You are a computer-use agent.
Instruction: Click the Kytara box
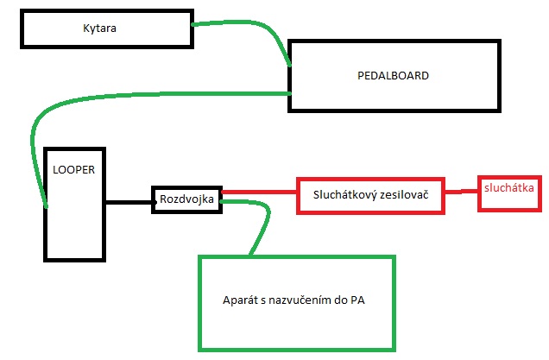104,29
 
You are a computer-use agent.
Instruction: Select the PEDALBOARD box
394,75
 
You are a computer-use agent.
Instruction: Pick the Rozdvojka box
187,199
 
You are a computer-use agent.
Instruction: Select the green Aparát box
297,302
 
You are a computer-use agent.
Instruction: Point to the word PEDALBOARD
393,75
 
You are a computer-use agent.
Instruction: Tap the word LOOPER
73,168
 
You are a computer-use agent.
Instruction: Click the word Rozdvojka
187,199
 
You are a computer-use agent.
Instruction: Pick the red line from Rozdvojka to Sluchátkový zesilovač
259,192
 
